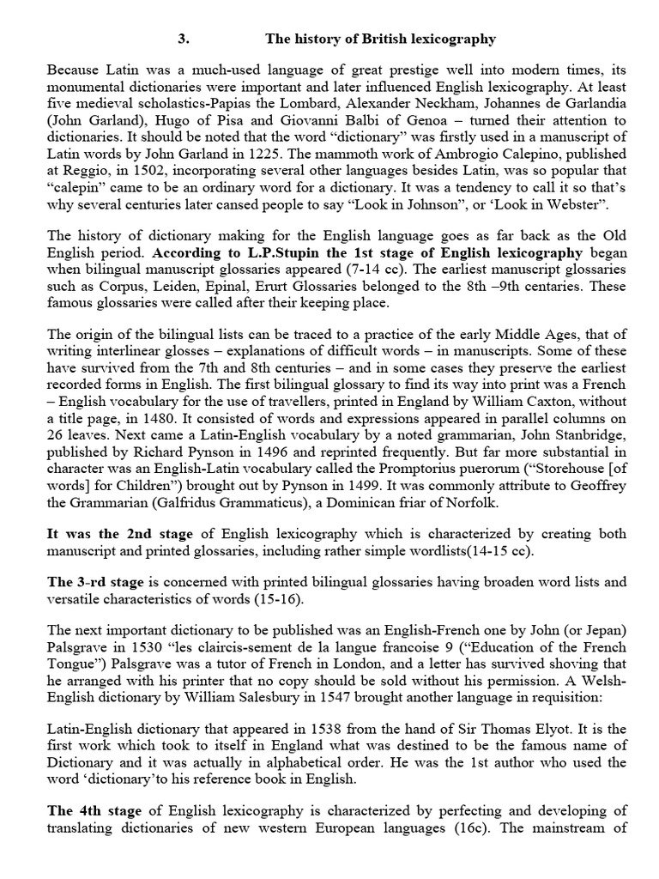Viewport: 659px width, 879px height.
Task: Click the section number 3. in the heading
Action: pos(183,39)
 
